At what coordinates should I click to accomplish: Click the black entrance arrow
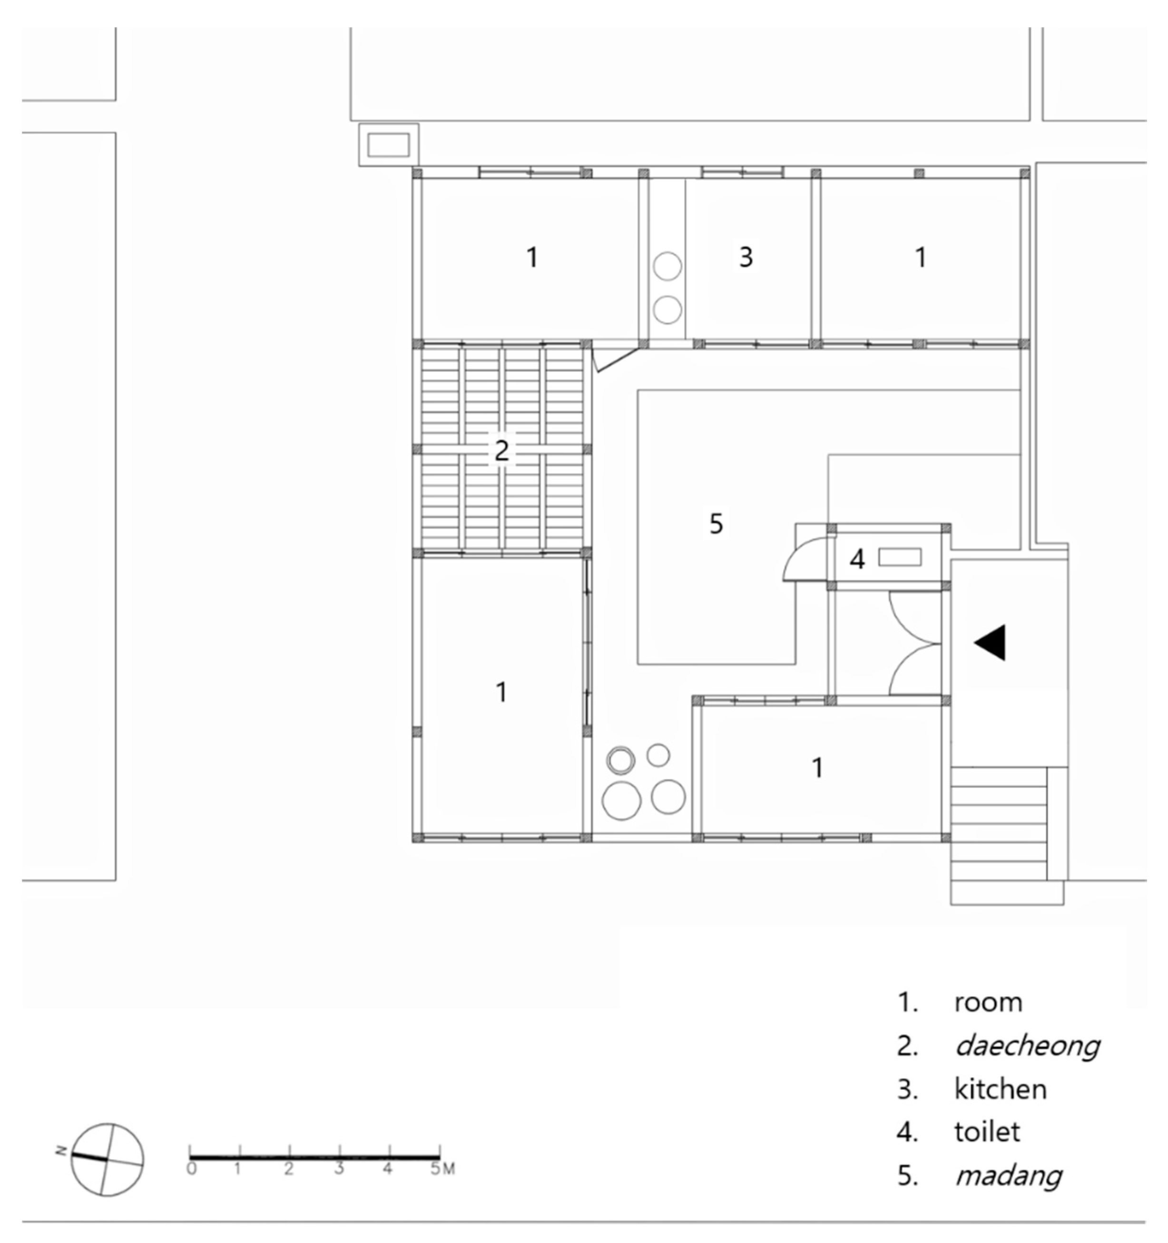pyautogui.click(x=992, y=642)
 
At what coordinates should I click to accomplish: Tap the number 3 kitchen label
pyautogui.click(x=746, y=257)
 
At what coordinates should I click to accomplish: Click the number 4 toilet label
pyautogui.click(x=857, y=559)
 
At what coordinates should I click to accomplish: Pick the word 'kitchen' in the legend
pyautogui.click(x=1000, y=1089)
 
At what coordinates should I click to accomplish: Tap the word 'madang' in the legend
pyautogui.click(x=1009, y=1176)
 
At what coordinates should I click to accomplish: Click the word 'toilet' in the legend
pyautogui.click(x=987, y=1132)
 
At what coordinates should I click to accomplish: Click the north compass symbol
pyautogui.click(x=107, y=1159)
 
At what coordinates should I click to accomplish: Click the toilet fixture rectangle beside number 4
pyautogui.click(x=900, y=557)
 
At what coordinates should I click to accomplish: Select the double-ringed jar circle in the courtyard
pyautogui.click(x=620, y=761)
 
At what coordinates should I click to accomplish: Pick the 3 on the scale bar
pyautogui.click(x=339, y=1168)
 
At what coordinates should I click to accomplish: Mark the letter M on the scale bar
pyautogui.click(x=449, y=1169)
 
